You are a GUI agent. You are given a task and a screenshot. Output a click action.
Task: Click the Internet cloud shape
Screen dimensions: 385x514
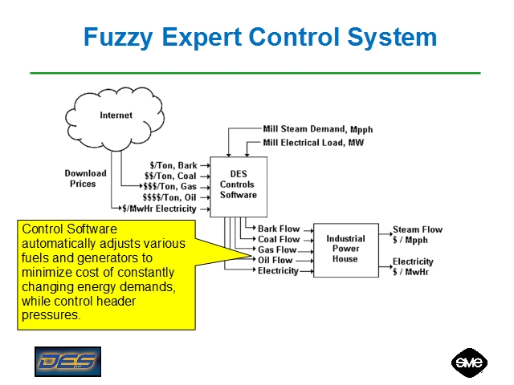[116, 117]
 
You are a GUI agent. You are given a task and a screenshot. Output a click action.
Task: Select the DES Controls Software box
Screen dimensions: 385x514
[238, 184]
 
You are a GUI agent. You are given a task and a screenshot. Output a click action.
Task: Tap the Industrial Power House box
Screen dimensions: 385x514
[345, 249]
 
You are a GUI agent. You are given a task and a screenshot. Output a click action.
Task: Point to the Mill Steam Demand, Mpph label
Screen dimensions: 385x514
[318, 128]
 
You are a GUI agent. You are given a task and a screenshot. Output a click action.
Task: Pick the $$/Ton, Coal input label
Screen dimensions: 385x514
[170, 176]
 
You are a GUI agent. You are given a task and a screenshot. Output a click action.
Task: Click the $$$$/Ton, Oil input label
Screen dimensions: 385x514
[169, 197]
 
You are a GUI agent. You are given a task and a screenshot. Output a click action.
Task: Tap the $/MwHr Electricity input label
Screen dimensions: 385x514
[159, 209]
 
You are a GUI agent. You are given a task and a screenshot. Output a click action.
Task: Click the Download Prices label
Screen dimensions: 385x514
[85, 178]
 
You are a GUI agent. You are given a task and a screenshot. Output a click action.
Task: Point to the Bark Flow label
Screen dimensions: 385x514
[279, 229]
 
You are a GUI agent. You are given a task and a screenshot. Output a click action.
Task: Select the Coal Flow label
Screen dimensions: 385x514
[279, 239]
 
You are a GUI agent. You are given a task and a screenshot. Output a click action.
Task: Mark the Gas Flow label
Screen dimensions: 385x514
[277, 249]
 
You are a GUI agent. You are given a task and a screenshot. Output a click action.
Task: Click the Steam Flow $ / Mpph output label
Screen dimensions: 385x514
[417, 234]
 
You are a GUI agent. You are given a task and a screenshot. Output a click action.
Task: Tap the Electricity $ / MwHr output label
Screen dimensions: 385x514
[413, 266]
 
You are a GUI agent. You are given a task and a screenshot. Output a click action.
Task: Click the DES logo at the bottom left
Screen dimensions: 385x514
[67, 361]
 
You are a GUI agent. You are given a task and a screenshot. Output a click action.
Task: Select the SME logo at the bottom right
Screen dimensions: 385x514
[467, 362]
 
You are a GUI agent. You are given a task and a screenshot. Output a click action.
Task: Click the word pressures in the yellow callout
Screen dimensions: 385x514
[51, 315]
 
